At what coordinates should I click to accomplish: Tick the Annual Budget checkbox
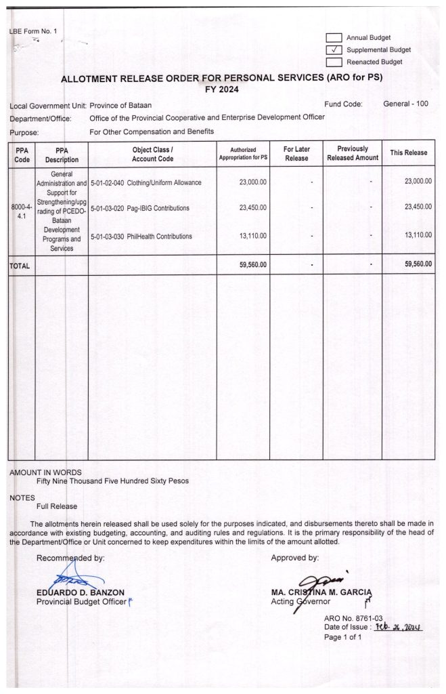[334, 38]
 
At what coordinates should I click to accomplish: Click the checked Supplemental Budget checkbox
[334, 49]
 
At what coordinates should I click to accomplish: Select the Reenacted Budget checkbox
[334, 62]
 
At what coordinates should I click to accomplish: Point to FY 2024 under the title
[223, 89]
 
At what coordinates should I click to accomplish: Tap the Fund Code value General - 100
[406, 104]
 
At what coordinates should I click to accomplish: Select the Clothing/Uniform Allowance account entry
[145, 183]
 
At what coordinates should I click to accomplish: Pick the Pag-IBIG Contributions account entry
[139, 207]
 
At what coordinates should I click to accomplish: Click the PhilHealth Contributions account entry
[141, 236]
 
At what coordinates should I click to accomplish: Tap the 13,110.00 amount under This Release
[418, 236]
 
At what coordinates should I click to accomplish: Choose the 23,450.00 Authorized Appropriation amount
[253, 207]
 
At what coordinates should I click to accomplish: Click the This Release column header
[408, 153]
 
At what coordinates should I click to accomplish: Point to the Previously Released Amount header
[353, 153]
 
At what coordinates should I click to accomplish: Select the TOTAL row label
[20, 266]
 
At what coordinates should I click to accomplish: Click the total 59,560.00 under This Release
[418, 265]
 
